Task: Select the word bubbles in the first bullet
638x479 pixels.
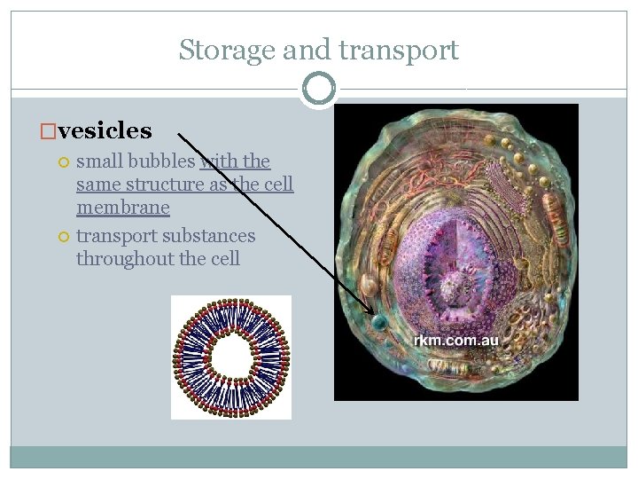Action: click(165, 161)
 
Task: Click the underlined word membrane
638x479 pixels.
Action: click(122, 208)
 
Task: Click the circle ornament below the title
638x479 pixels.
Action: click(318, 89)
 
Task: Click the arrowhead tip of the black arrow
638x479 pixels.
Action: click(375, 312)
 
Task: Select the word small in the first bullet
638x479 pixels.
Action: click(99, 161)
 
